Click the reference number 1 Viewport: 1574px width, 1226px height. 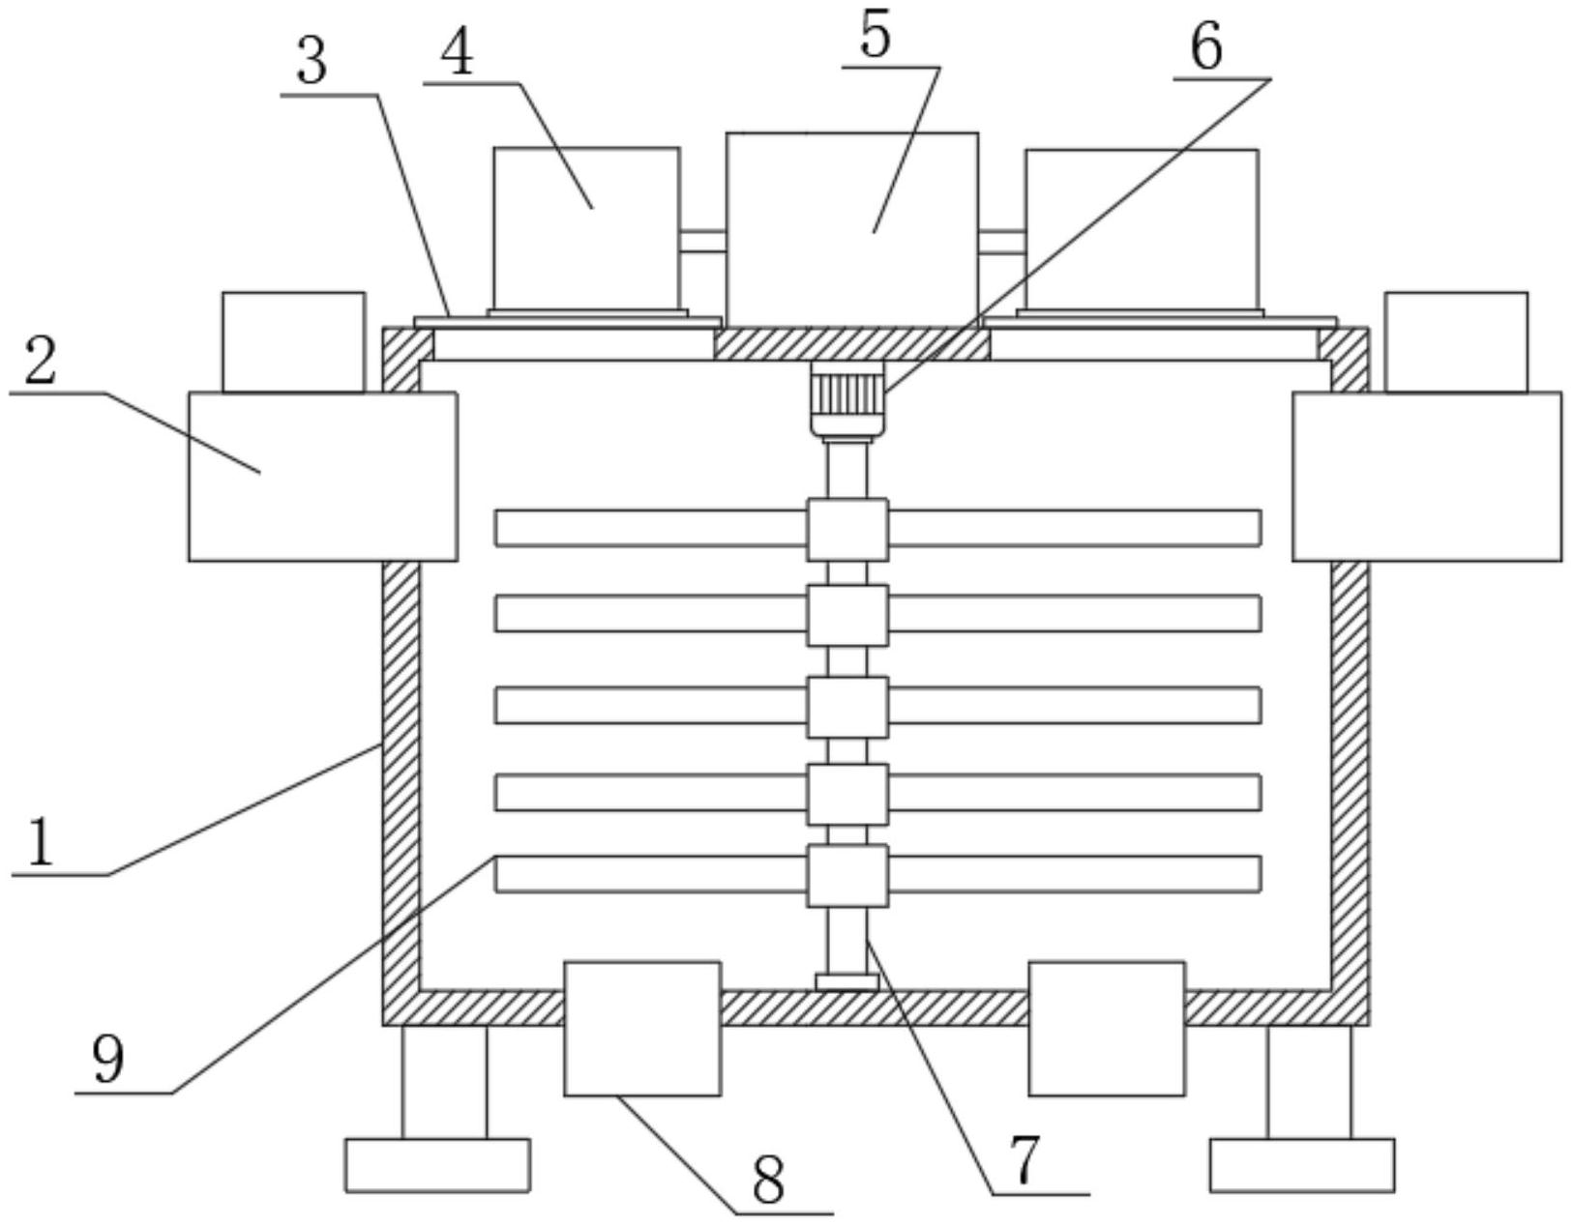coord(39,842)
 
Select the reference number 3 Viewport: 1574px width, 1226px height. coord(312,63)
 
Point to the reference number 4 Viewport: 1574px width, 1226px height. coord(457,53)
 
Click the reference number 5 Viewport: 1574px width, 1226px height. coord(875,37)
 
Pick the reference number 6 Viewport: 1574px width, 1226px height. coord(1205,46)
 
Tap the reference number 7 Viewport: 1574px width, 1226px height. coord(1023,1159)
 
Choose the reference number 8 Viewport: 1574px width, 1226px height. coord(768,1181)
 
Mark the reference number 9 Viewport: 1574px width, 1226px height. coord(108,1059)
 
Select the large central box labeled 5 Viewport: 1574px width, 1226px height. coord(851,229)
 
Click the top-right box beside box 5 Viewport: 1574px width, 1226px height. coord(1142,230)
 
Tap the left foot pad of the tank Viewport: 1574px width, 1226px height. coord(437,1164)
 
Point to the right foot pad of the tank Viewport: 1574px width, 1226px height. coord(1301,1164)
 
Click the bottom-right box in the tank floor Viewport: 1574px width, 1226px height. coord(1107,1028)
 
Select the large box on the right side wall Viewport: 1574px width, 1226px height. coord(1426,476)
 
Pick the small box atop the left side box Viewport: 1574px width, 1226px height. coord(293,341)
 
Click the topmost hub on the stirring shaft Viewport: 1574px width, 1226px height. coord(847,529)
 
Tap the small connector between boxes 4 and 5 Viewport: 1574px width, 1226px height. coord(702,241)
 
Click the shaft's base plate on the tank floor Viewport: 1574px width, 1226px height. coord(847,982)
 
